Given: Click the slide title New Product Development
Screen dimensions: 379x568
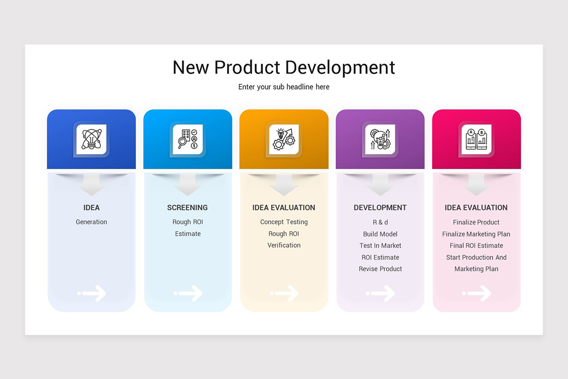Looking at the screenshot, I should [x=284, y=67].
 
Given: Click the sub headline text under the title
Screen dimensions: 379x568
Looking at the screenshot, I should [x=284, y=87].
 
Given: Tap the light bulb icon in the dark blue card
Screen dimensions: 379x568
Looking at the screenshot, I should [x=91, y=139].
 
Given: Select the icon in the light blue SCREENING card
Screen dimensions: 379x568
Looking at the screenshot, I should [x=187, y=139].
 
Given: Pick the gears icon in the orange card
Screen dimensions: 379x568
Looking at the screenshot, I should [x=284, y=139].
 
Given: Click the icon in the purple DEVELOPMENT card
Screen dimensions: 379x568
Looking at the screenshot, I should [x=380, y=139].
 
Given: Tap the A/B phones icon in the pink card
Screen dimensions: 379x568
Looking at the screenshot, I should [x=477, y=139].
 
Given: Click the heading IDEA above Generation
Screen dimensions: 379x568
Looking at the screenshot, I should [x=91, y=208].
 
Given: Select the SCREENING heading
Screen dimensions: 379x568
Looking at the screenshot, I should [x=187, y=208].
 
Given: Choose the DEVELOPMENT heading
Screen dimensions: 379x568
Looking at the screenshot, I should [x=380, y=208].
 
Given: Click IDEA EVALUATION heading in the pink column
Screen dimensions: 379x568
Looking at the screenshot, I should [x=476, y=208].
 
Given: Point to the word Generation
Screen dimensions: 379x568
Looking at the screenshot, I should [x=91, y=222].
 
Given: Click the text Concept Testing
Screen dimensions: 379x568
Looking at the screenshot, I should [x=284, y=222].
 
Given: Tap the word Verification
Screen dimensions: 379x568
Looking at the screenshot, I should [x=284, y=245].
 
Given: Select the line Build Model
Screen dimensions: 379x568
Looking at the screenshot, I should [x=380, y=234].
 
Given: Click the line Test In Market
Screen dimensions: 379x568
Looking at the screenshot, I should [x=380, y=245].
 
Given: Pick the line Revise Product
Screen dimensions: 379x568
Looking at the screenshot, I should [x=380, y=269].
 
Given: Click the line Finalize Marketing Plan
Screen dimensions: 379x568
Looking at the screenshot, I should [x=476, y=234].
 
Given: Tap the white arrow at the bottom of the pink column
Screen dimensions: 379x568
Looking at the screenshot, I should [x=477, y=293].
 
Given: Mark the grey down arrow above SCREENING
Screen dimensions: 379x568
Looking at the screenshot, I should [x=188, y=185].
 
